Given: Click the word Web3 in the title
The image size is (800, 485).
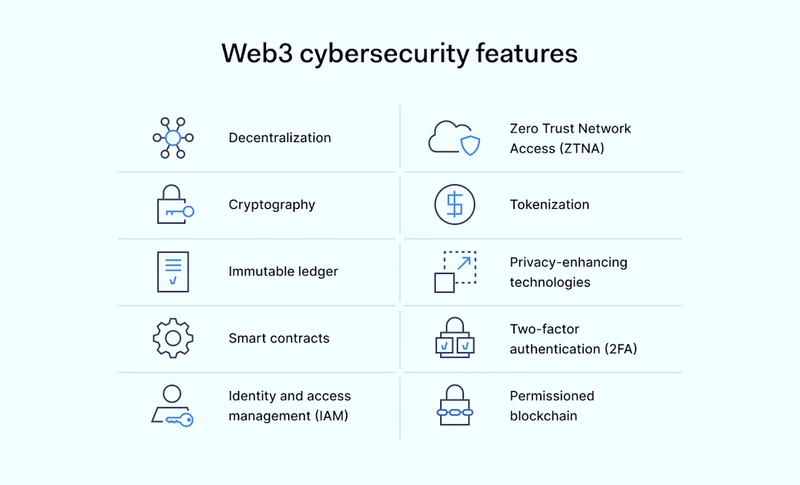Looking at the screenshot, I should coord(256,54).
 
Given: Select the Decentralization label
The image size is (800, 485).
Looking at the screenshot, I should coord(279,138).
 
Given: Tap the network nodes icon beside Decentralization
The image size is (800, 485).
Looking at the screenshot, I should coord(173,138).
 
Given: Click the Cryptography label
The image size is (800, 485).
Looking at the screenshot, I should coord(272,205).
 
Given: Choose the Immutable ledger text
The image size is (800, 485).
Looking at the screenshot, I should coord(283,272).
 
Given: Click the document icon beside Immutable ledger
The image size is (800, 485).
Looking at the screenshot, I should coord(173,272).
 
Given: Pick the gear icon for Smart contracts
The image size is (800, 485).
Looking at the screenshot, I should coord(173,338).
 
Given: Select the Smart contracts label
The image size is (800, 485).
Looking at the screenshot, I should coord(279,338).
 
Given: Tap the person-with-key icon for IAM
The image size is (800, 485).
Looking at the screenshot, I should coord(173,406).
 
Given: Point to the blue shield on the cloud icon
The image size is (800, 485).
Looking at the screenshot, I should coord(470,145).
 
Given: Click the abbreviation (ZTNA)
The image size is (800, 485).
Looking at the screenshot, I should coord(583,149).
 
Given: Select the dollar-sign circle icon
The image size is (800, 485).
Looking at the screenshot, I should coord(454,205).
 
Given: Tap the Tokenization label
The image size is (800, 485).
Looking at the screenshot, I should coord(550,205).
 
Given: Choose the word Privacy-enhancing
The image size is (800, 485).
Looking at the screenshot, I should coord(568,262).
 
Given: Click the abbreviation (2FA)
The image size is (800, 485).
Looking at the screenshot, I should coord(621,349).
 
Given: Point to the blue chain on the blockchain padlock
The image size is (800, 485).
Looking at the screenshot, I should coord(454,412).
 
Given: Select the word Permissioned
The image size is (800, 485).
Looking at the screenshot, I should coord(552,396).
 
